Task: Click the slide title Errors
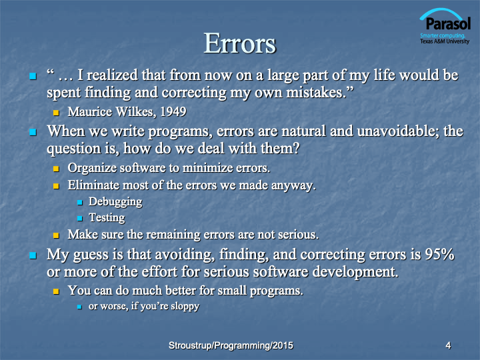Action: tap(240, 43)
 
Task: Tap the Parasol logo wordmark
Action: tap(448, 23)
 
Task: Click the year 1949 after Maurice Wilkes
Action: tap(173, 112)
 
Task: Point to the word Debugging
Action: tap(115, 202)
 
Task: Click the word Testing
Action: tap(107, 217)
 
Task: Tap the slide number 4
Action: tap(448, 345)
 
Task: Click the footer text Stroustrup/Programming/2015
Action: tap(231, 345)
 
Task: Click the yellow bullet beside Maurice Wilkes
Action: tap(56, 113)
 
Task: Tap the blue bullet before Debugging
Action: tap(80, 203)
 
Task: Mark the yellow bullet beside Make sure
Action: tap(56, 235)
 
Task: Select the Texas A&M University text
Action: tap(445, 41)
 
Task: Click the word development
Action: tap(355, 272)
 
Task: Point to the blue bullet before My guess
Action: tap(33, 255)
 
